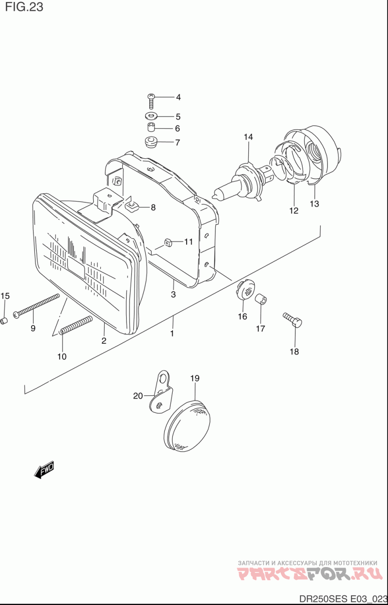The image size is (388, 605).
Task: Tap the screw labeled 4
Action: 151,100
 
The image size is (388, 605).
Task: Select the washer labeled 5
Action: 151,117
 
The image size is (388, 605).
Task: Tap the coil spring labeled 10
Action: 76,325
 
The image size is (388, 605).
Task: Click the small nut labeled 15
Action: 4,321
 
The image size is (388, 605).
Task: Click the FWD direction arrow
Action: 44,470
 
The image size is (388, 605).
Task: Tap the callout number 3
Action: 173,294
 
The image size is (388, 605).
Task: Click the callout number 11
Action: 188,241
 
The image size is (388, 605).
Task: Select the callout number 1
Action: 172,334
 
